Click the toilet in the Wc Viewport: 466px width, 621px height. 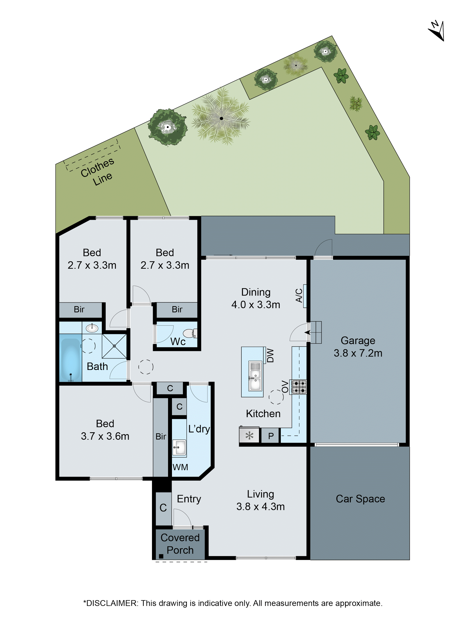coord(190,333)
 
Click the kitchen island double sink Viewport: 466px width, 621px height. coord(255,376)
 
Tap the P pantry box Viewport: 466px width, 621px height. coord(270,436)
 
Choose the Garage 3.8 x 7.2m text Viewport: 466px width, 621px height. coord(358,347)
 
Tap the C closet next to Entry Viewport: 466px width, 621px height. coord(163,508)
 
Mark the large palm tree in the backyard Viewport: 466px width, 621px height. coord(221,118)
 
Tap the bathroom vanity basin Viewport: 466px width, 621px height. coord(92,328)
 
